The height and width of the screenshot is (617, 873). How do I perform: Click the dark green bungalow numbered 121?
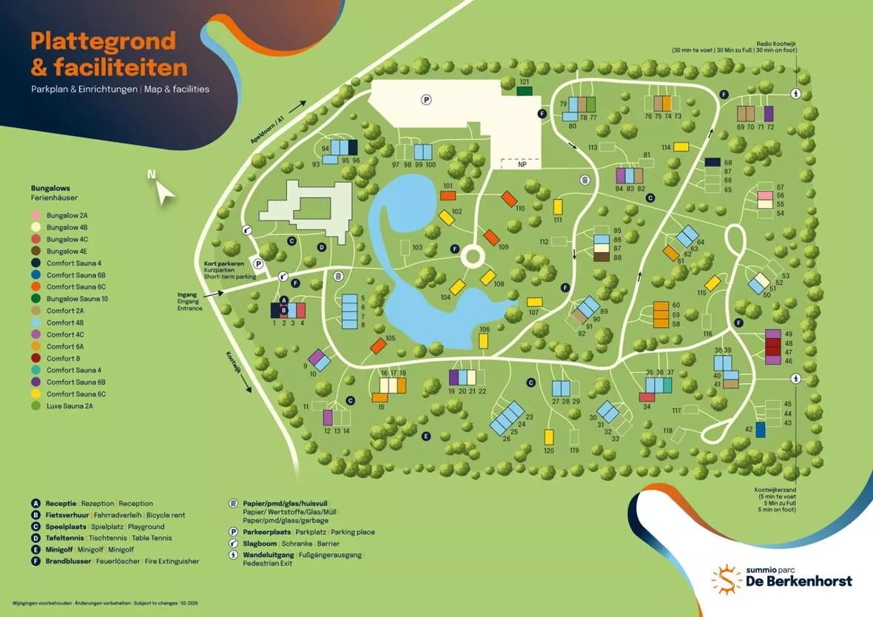525,91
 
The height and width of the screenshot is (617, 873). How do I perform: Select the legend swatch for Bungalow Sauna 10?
36,299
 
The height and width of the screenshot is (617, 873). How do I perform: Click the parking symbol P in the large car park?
426,99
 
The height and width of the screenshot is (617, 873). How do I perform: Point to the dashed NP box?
522,163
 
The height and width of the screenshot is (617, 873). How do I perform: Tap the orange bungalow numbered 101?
448,195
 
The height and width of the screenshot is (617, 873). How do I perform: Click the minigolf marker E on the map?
426,436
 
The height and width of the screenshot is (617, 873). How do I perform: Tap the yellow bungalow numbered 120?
549,437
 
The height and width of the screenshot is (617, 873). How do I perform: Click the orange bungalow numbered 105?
378,345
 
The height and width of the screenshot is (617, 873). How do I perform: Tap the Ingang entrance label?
187,294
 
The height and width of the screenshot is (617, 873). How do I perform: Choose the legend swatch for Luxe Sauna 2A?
36,406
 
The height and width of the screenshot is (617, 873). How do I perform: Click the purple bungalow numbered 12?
328,417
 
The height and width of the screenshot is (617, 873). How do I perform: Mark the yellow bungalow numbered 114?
681,147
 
